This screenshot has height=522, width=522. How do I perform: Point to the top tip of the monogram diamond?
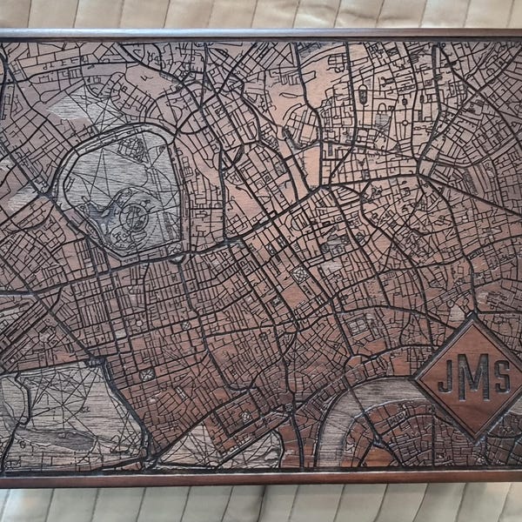(474, 318)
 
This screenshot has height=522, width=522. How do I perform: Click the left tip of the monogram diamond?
(413, 377)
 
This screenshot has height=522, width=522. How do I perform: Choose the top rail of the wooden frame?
(261, 34)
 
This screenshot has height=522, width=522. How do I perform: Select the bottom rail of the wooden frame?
(261, 478)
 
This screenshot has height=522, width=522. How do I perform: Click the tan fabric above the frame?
(261, 13)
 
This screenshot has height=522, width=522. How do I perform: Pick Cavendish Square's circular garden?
(188, 324)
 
